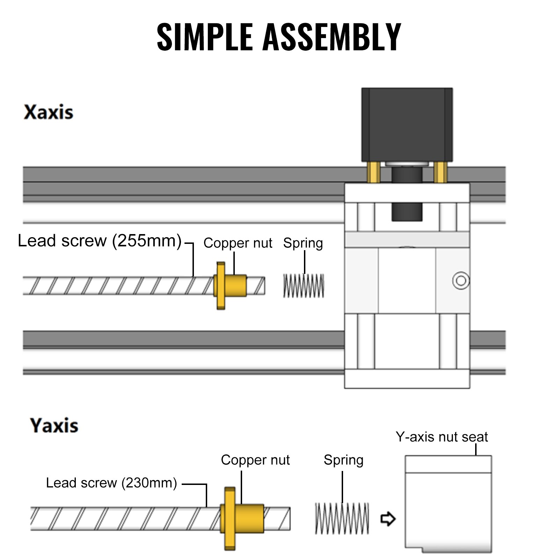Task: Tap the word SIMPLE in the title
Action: [x=205, y=37]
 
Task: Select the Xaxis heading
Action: [x=49, y=112]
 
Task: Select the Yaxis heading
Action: [x=54, y=426]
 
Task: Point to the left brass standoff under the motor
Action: [x=373, y=172]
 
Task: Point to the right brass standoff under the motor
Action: [x=440, y=172]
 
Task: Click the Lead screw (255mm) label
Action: [x=100, y=241]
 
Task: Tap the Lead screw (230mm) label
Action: [x=111, y=483]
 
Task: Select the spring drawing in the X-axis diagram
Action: [x=303, y=286]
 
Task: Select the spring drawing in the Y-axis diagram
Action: [x=342, y=518]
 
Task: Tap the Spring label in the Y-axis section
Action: [x=343, y=460]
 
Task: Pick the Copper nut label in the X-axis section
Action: [x=238, y=243]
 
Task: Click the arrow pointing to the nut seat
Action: [x=388, y=518]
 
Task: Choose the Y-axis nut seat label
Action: [x=442, y=437]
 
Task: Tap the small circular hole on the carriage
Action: [x=461, y=281]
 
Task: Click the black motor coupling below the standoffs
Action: [x=407, y=211]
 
